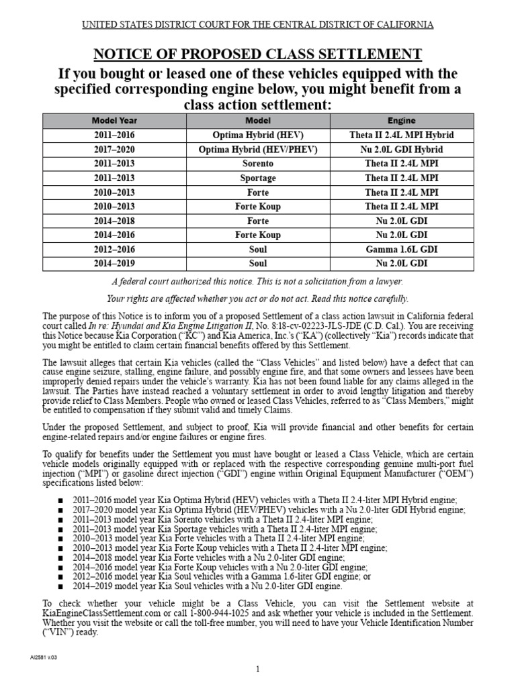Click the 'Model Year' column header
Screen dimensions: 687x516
click(114, 121)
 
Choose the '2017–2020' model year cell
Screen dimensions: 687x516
click(114, 150)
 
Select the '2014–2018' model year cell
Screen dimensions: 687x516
click(114, 221)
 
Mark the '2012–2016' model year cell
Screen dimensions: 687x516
click(114, 250)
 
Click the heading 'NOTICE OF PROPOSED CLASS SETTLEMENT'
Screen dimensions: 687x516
click(257, 54)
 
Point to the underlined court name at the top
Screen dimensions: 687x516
click(257, 25)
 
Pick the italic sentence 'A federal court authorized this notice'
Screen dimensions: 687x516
click(257, 282)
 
